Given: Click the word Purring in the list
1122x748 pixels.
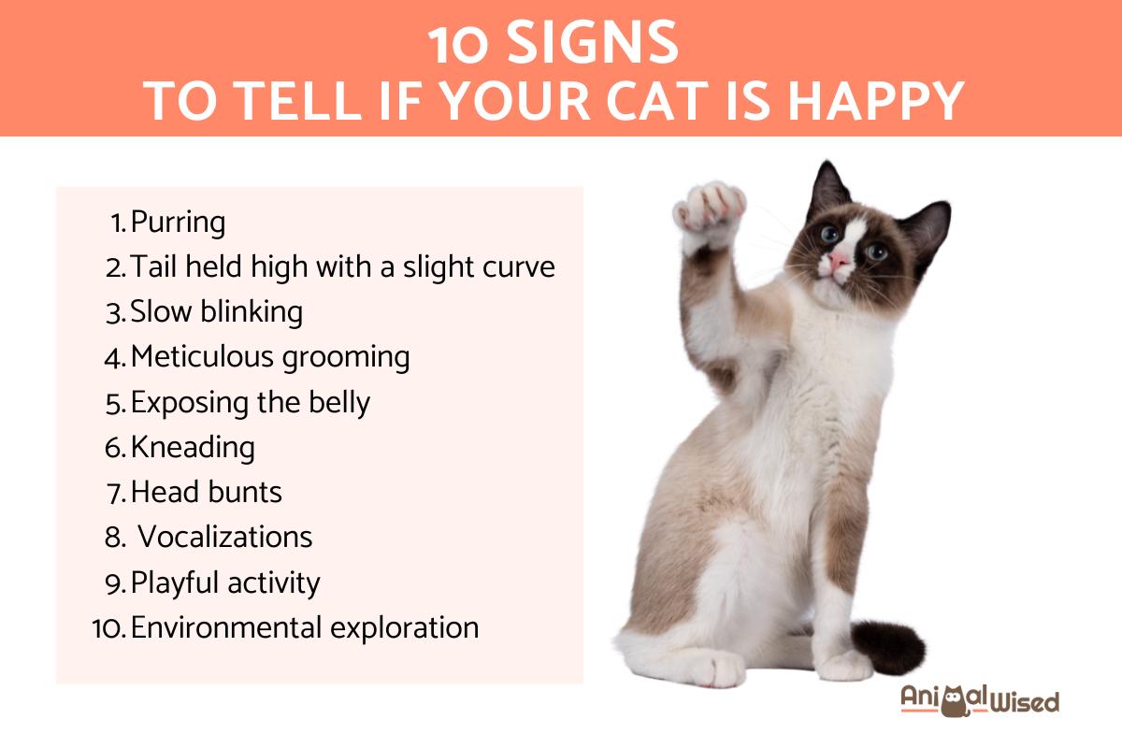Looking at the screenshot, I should pos(178,223).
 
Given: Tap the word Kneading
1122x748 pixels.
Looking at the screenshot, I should pos(193,448).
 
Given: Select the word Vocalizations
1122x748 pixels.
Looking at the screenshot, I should pos(224,538).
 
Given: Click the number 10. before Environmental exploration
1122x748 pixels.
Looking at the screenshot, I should pos(109,628).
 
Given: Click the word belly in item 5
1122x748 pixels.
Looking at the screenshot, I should pos(337,402).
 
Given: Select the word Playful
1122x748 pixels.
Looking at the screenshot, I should pos(175,583).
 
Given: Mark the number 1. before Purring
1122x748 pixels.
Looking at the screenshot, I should pos(118,223).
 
